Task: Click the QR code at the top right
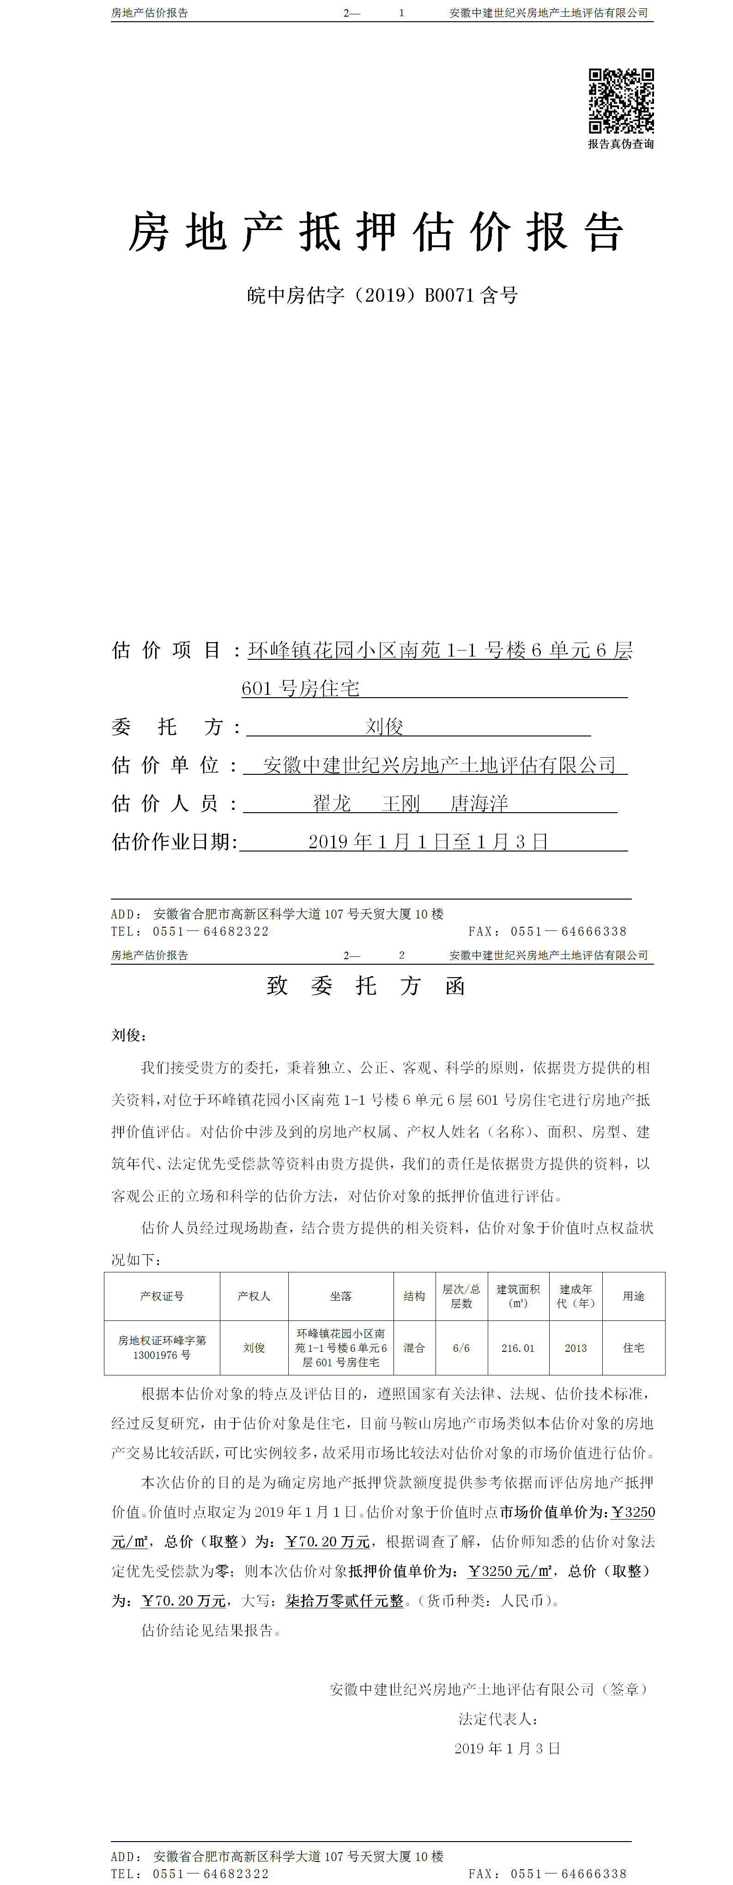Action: pos(621,101)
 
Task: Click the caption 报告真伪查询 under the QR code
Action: pos(621,144)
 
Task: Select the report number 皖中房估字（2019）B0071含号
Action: pos(382,296)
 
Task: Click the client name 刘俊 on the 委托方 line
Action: pos(384,727)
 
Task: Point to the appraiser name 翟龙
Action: pos(332,803)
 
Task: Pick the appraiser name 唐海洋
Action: pos(479,803)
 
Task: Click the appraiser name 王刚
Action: pos(401,803)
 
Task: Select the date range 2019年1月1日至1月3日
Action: pos(428,841)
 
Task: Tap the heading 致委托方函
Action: pos(366,985)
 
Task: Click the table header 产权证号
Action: pos(162,1296)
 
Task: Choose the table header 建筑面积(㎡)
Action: pos(518,1296)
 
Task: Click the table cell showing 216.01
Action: pos(518,1348)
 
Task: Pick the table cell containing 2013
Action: pos(575,1348)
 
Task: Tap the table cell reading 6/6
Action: pos(461,1348)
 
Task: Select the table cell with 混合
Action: pos(414,1348)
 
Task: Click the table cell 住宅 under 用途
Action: pos(634,1348)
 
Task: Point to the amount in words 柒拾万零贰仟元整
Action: pos(345,1600)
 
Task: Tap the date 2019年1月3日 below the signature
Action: pos(507,1748)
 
